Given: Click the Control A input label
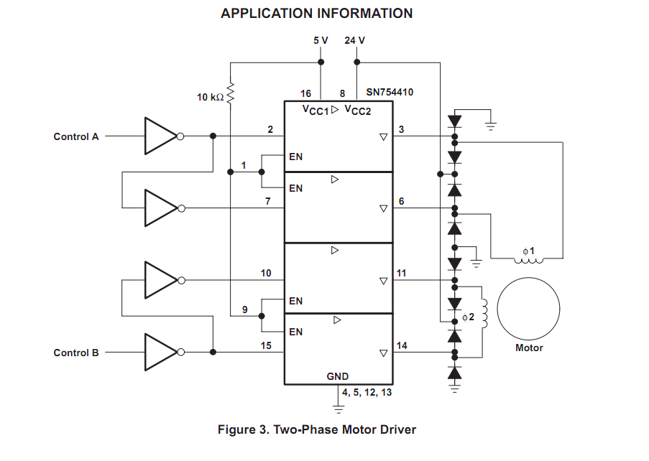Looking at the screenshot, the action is (x=76, y=137).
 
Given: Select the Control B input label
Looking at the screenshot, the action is (x=76, y=353).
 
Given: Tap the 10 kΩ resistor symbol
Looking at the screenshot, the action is (x=230, y=93).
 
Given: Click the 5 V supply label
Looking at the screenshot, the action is (x=321, y=40).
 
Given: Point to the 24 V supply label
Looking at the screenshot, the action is (x=355, y=40).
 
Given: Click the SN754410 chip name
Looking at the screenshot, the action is (x=390, y=92).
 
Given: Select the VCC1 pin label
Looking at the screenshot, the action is (x=316, y=110).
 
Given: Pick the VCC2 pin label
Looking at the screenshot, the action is (x=358, y=110).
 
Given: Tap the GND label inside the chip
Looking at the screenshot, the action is (x=337, y=376).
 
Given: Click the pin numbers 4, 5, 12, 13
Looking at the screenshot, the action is (x=367, y=392).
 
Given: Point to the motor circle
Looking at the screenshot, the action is (x=528, y=277).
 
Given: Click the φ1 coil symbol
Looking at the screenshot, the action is (x=528, y=261).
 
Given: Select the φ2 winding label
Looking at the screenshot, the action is (x=468, y=317).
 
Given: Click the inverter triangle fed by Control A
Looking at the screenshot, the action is (x=162, y=136).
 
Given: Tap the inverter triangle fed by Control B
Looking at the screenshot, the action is (x=162, y=353).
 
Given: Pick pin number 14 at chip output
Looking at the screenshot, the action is (x=402, y=345).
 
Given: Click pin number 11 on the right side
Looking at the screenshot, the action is (x=402, y=274).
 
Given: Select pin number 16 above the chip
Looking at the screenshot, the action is (x=306, y=94).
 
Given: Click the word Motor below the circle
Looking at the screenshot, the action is (x=529, y=348).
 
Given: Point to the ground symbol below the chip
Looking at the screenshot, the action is (x=339, y=409).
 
